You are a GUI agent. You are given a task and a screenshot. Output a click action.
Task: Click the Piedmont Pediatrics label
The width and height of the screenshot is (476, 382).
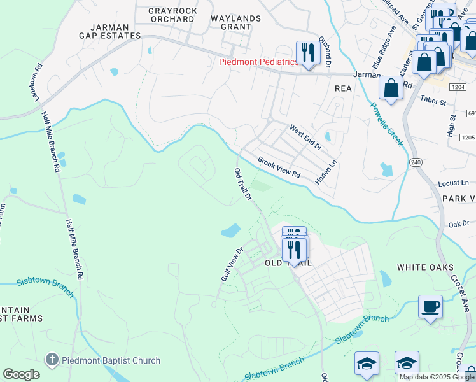[x=258, y=62]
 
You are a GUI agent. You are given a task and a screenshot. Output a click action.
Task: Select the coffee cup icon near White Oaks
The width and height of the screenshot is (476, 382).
[x=430, y=307]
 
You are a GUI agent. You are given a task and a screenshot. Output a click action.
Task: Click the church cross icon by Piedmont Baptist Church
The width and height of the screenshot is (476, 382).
[x=52, y=360]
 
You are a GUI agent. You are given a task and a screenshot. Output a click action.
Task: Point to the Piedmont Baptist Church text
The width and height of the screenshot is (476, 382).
[x=111, y=360]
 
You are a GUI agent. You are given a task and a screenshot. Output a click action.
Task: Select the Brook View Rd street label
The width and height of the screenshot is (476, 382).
[x=279, y=167]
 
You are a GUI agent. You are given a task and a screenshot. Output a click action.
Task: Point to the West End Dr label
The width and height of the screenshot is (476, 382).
[x=305, y=138]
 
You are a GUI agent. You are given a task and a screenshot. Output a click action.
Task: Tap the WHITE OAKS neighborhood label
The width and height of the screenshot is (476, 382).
[x=426, y=267]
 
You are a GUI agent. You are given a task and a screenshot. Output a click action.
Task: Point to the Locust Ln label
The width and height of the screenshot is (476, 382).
[x=452, y=183]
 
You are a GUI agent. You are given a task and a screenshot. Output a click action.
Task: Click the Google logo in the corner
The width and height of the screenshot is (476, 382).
[x=22, y=374]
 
